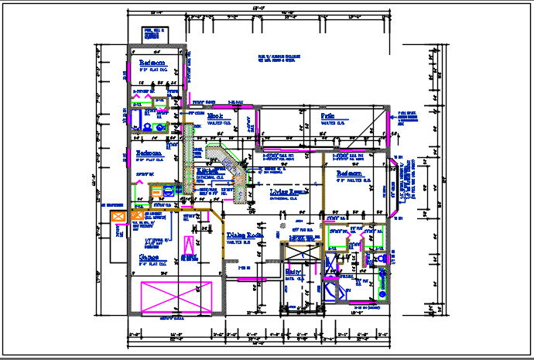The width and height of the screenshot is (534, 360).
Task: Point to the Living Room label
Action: pos(290,190)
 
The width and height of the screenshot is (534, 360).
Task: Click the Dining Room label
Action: pos(246,235)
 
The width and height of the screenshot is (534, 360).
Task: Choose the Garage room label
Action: pos(149,256)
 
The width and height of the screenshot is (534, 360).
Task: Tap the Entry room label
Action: pos(293,272)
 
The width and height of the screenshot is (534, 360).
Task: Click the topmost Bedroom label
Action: pos(152,63)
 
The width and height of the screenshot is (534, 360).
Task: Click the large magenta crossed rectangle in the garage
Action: pos(176,296)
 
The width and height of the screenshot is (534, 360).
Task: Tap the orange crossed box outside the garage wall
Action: pos(118,218)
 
